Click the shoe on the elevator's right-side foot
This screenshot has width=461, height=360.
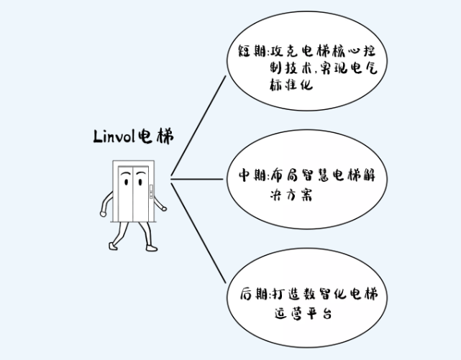click(150, 247)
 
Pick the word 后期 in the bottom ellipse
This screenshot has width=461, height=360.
click(254, 294)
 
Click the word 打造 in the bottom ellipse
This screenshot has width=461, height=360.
click(287, 294)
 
